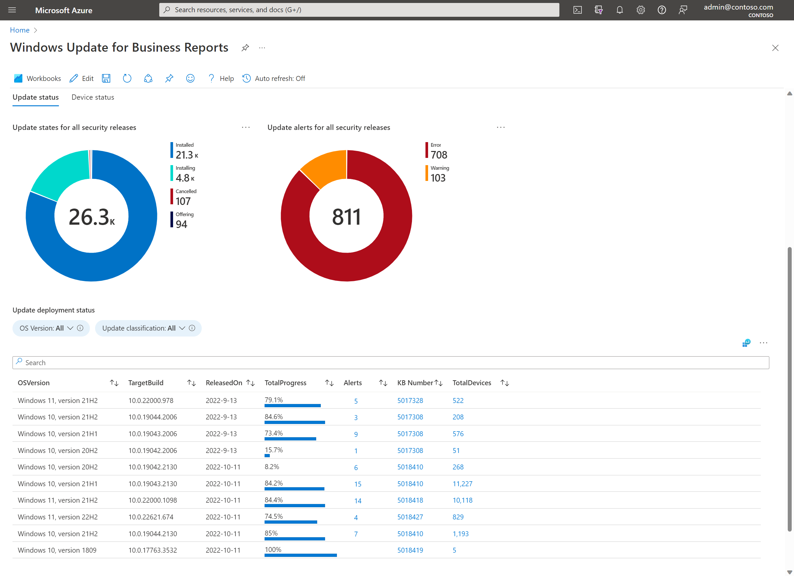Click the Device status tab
click(93, 97)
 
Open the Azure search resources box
click(359, 10)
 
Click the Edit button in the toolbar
click(82, 78)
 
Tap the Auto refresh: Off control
click(274, 78)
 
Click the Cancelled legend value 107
click(183, 201)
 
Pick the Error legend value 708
click(439, 155)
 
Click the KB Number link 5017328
click(410, 401)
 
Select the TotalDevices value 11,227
click(462, 484)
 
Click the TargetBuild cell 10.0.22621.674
click(151, 517)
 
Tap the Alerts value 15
click(357, 484)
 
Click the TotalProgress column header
click(285, 383)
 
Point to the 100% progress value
click(273, 550)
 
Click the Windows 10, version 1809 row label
click(57, 550)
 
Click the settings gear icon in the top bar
click(640, 10)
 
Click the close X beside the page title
click(775, 48)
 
